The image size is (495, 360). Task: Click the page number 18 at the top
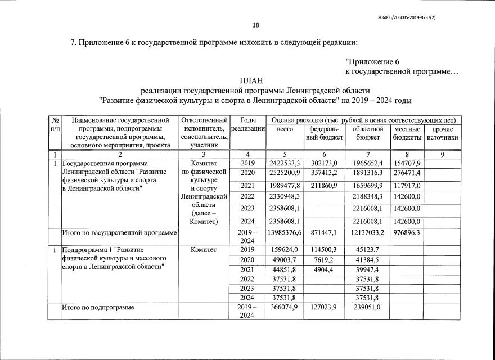pos(256,25)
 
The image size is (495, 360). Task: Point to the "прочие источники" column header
pos(442,133)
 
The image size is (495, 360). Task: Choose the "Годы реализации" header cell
pos(248,125)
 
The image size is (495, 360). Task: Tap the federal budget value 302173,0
pos(323,163)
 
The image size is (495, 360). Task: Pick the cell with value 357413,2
pos(323,172)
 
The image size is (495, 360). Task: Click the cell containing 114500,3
pos(323,250)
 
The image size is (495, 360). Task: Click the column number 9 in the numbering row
pos(442,154)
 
